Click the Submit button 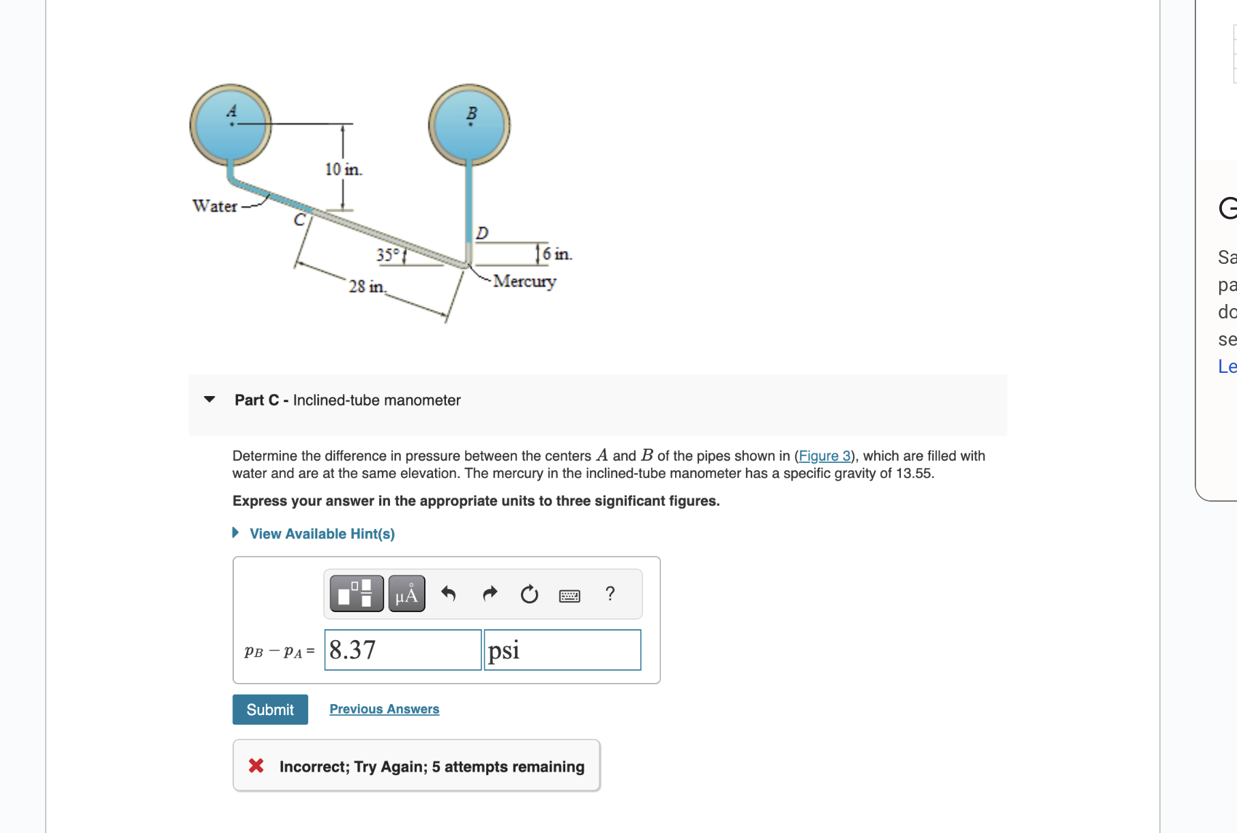coord(270,710)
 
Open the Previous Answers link coord(384,709)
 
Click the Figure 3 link coord(824,455)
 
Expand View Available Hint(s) coord(321,534)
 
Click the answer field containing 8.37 coord(402,650)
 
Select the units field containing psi coord(562,650)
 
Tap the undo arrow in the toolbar coord(448,594)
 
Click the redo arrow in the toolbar coord(490,594)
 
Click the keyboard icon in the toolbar coord(569,596)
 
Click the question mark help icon coord(610,594)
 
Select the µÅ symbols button coord(406,594)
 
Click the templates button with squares coord(356,594)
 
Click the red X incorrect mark coord(256,766)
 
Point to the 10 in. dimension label coord(343,169)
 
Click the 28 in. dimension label coord(367,286)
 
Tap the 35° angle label coord(387,254)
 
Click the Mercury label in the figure coord(524,281)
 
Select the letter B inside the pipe coord(471,113)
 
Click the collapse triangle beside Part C coord(209,399)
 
